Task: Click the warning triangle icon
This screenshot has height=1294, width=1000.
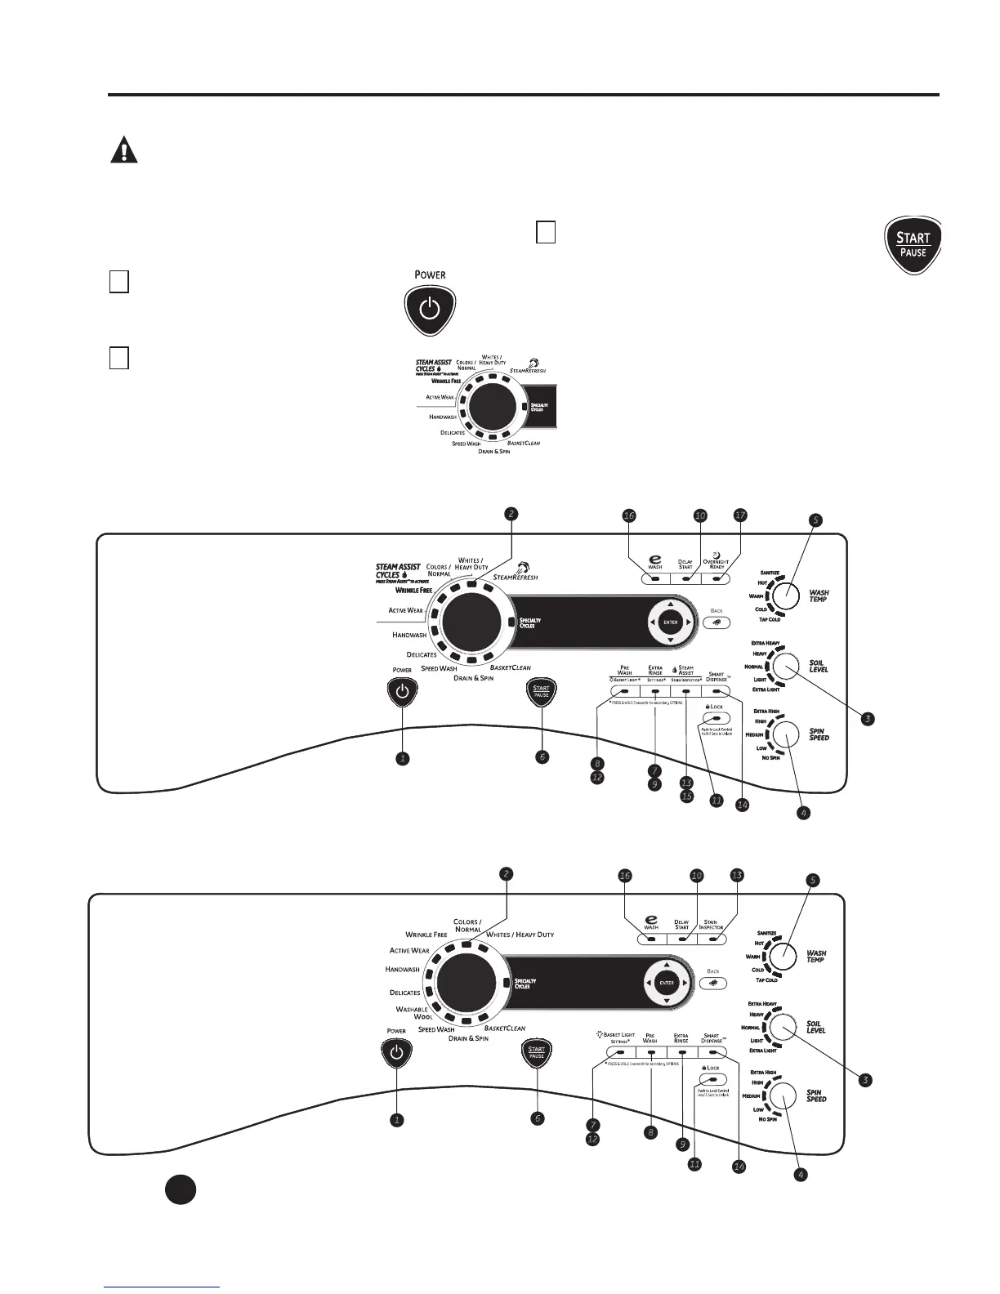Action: click(123, 151)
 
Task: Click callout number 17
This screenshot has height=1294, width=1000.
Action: click(739, 515)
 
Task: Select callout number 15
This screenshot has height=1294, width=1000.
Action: click(686, 796)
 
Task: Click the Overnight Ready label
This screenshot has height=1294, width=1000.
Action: click(717, 563)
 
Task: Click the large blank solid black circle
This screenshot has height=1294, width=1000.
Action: click(180, 1189)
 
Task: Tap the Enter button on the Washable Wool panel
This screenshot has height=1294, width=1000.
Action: click(667, 983)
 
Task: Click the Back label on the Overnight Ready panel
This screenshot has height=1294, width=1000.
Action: click(717, 610)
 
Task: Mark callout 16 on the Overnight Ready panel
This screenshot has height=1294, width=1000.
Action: click(628, 515)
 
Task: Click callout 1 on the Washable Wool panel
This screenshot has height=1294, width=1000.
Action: click(396, 1120)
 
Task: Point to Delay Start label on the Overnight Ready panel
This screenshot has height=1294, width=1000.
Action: click(685, 564)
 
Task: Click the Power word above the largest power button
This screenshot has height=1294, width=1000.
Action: click(430, 274)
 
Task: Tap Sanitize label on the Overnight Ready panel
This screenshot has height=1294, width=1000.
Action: click(769, 573)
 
